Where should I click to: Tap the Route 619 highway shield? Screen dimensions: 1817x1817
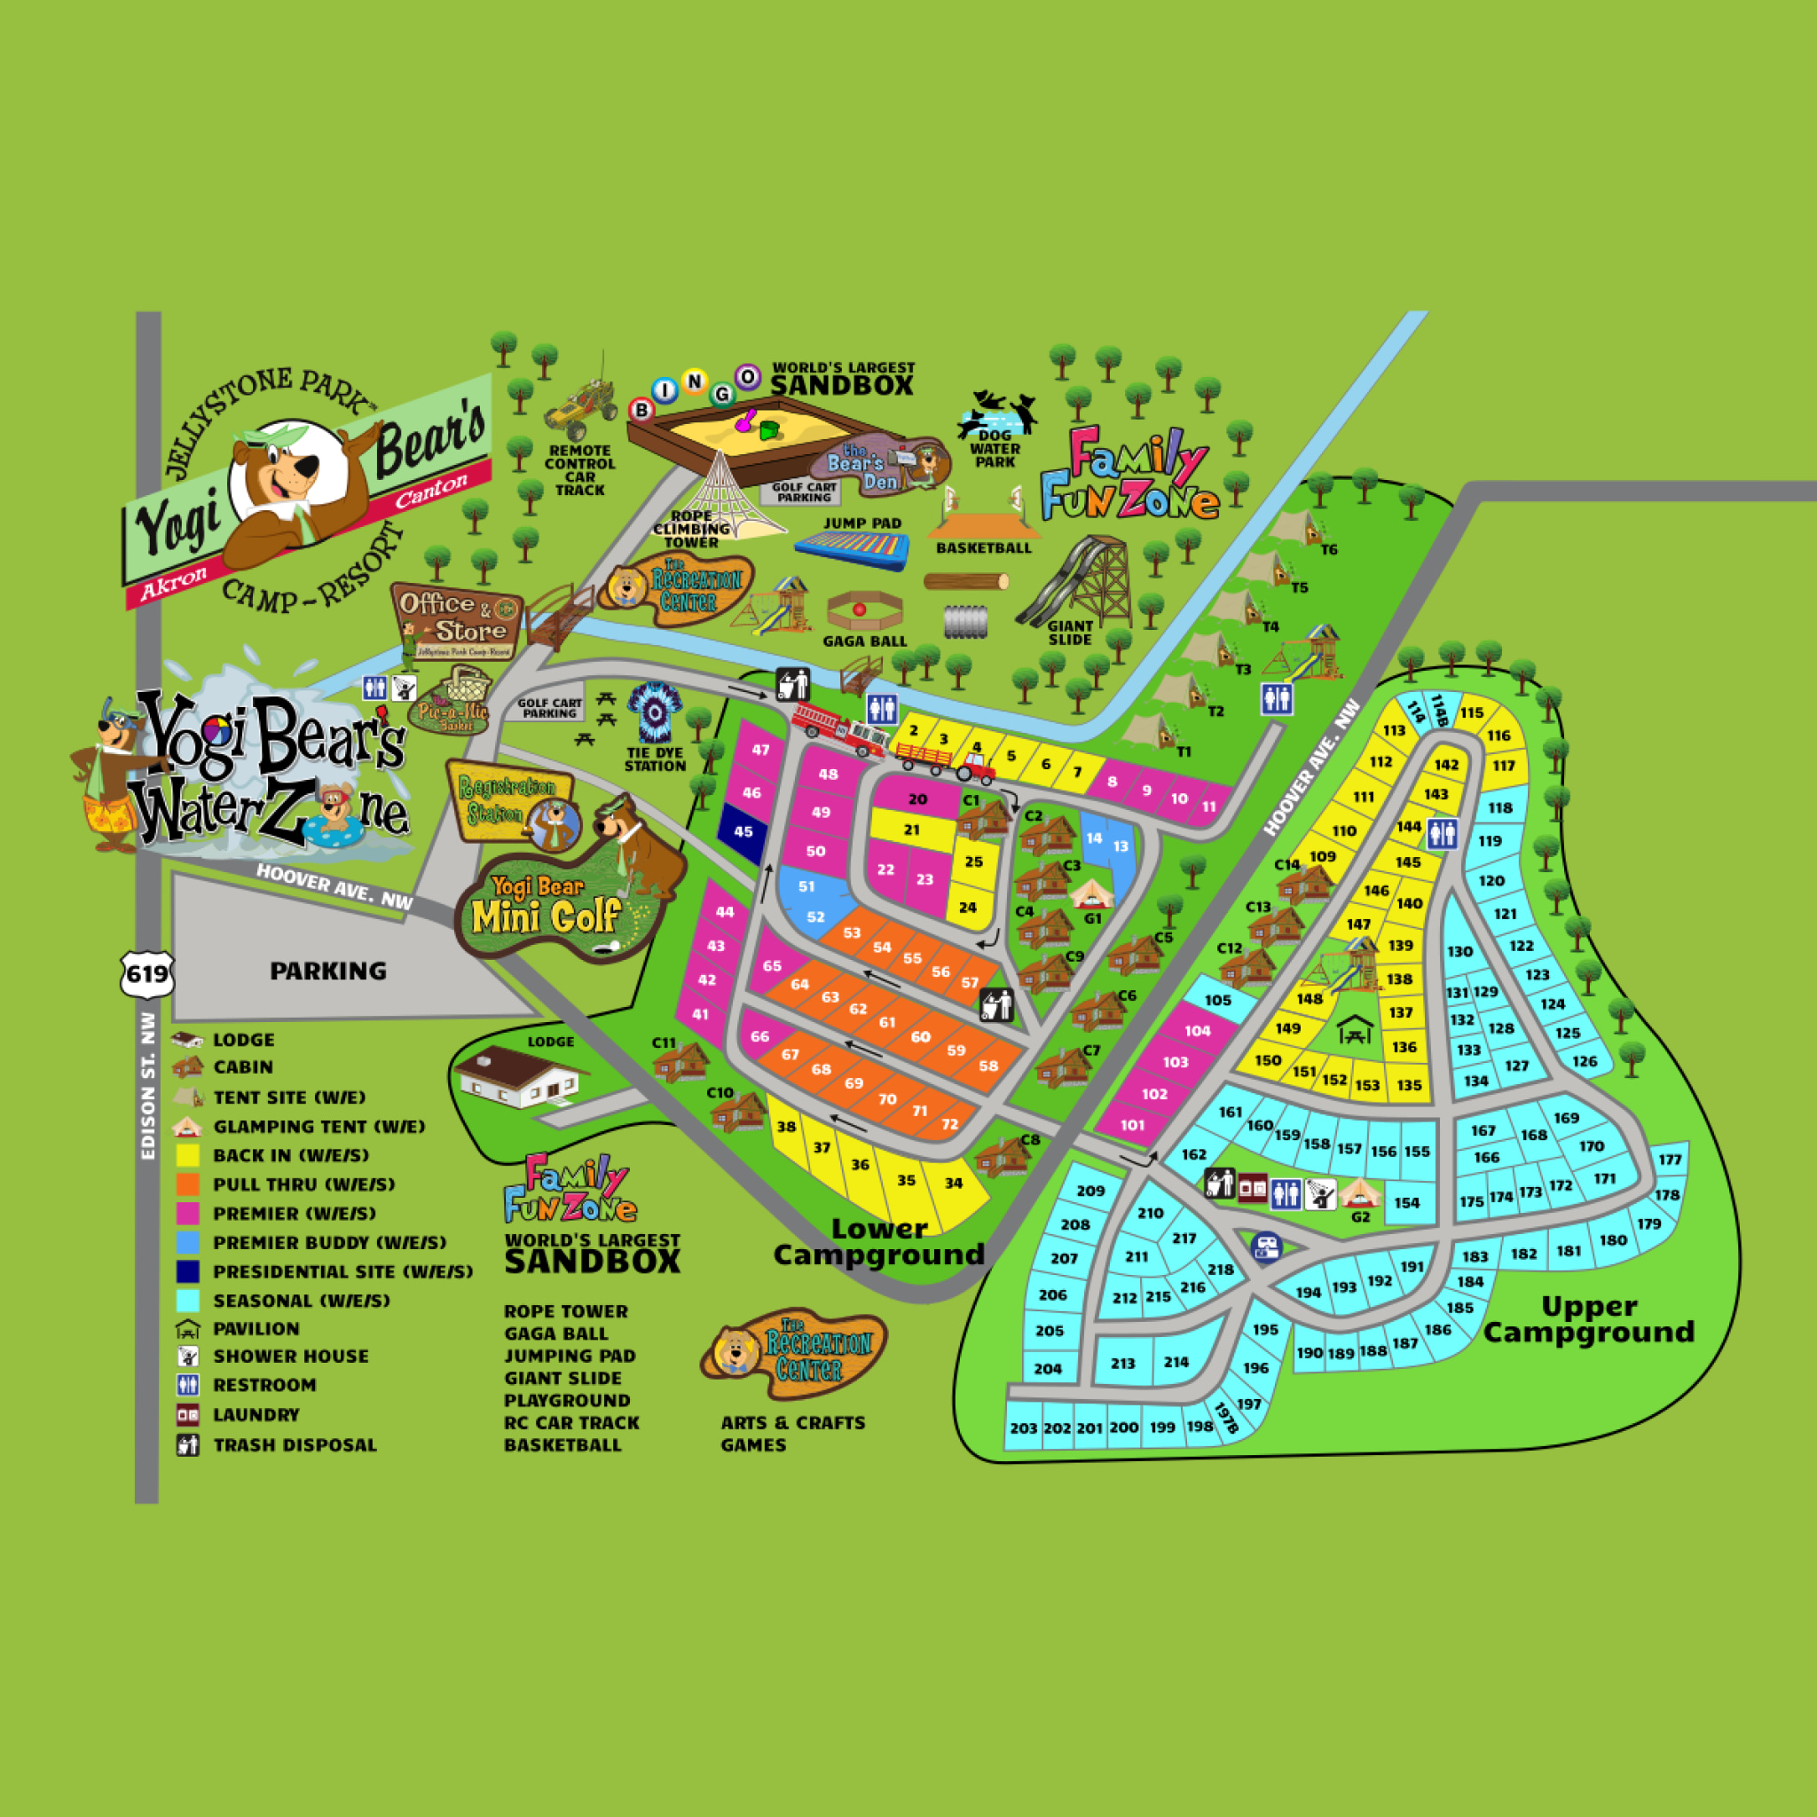coord(147,973)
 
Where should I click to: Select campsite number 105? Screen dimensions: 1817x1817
coord(1218,1000)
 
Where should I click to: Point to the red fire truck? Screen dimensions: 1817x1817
coord(838,729)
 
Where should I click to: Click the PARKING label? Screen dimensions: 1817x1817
coord(328,971)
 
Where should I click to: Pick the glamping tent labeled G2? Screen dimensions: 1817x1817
coord(1359,1193)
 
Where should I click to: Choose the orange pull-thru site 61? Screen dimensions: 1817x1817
coord(887,1021)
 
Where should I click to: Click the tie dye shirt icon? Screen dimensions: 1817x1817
coord(655,714)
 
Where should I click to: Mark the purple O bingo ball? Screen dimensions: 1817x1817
coord(748,377)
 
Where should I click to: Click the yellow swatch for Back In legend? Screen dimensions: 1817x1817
coord(188,1155)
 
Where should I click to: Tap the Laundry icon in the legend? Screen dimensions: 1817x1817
coord(188,1414)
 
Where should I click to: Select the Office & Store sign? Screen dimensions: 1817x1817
coord(457,621)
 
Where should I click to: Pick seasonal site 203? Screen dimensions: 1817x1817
coord(1023,1428)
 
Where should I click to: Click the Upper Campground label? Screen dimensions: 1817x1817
coord(1588,1319)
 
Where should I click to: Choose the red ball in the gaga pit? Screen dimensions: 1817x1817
coord(859,610)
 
